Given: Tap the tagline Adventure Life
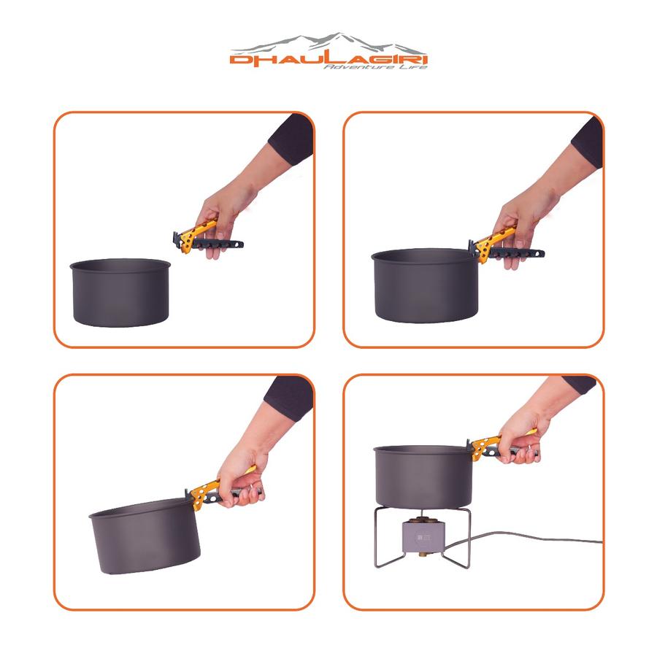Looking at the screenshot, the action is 375,67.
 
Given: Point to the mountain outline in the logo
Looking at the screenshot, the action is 327,42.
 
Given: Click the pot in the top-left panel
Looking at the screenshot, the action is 120,293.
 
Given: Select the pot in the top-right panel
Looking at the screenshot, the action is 425,286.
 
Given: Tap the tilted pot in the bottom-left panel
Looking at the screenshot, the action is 145,536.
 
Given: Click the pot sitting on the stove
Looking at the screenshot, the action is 423,476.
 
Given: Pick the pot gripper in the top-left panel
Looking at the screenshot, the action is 207,239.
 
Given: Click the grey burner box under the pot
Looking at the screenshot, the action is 422,536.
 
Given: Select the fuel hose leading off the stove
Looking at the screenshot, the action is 523,539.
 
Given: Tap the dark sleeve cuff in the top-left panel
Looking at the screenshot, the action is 291,138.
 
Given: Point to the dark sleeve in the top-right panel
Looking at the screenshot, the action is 588,142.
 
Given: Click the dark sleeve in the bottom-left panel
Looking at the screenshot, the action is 288,397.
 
